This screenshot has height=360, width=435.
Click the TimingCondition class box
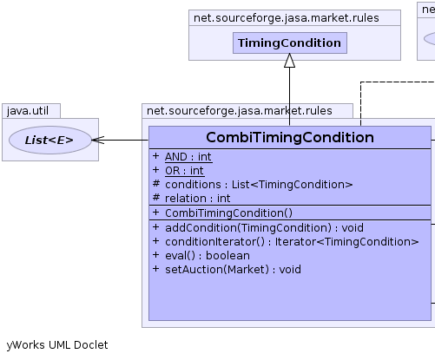click(x=290, y=43)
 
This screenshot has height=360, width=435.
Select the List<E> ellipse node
click(x=50, y=140)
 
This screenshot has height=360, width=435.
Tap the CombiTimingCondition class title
click(x=290, y=137)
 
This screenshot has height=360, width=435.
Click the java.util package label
click(x=28, y=111)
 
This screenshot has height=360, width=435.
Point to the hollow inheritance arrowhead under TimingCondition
click(x=290, y=61)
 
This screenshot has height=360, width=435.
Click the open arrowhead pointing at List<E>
click(x=98, y=140)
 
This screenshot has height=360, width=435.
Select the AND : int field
click(x=188, y=157)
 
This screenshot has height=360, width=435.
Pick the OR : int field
click(x=184, y=171)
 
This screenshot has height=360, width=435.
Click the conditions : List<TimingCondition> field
click(x=259, y=185)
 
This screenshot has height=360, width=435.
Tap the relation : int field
click(x=198, y=199)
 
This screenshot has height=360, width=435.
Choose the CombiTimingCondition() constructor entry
click(x=228, y=213)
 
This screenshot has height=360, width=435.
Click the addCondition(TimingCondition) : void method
click(x=264, y=228)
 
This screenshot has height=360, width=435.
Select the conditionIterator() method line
click(x=292, y=242)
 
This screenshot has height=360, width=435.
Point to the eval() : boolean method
click(x=208, y=256)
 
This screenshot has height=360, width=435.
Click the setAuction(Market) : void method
click(x=233, y=270)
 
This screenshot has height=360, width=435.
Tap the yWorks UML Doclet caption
click(x=57, y=345)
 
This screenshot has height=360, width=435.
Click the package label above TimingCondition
click(x=287, y=18)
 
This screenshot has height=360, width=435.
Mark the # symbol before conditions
click(x=156, y=184)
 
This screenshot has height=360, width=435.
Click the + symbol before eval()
click(x=155, y=255)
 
